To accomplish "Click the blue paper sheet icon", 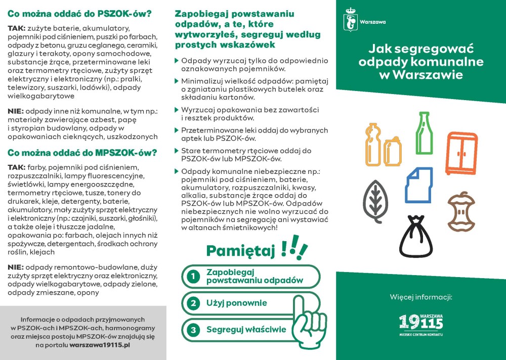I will coord(419,185).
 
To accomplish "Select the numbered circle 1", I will coord(192,277).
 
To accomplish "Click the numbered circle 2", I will coord(192,303).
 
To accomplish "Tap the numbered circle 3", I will coord(192,330).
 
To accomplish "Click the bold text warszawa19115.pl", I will coord(100,344).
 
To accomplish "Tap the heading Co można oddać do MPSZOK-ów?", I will coord(82,152).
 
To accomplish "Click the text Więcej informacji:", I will coord(420,296).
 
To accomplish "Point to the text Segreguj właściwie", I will coord(246,330).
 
